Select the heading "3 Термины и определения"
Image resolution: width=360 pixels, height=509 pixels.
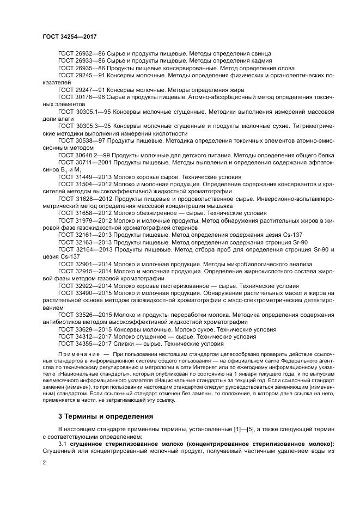(106, 416)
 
